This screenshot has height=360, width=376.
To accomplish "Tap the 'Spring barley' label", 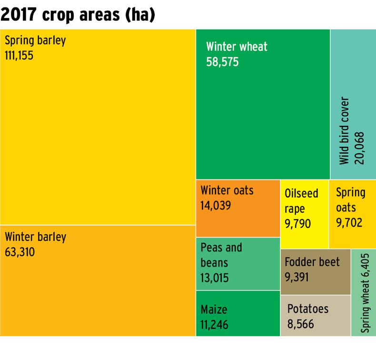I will (35, 40).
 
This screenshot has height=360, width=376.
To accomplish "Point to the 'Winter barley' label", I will (36, 237).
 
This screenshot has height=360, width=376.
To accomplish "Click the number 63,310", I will (20, 252).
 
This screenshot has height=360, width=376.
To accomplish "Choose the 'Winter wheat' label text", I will (237, 47).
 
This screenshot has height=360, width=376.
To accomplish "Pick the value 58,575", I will (222, 62).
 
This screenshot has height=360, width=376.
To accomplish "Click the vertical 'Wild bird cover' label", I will (344, 131).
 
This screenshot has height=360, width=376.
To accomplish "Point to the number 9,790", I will (297, 224).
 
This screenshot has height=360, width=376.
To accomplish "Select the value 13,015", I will (215, 278).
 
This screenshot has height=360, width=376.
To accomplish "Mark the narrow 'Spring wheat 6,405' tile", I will (364, 293).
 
